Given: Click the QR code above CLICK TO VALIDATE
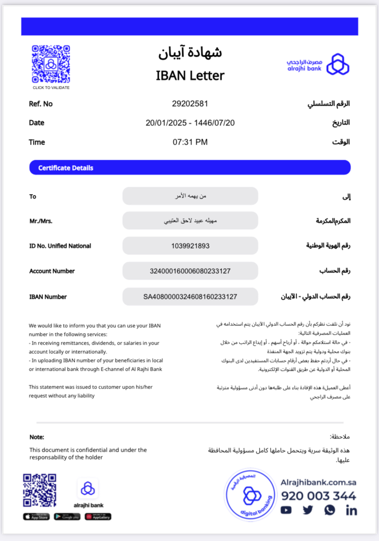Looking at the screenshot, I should tap(51, 64).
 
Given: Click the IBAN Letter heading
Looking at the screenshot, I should tap(190, 76).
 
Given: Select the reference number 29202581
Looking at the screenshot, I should tap(190, 104).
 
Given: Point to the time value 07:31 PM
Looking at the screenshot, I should tap(190, 142).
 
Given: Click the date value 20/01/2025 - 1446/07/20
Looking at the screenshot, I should tap(190, 123).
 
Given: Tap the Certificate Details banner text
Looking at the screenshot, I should tap(65, 168).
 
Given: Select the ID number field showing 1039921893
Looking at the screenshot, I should tap(190, 246).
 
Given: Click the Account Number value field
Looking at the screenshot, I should tap(190, 271).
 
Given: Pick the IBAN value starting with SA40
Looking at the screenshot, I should tap(190, 297).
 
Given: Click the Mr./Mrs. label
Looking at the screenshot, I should tap(41, 221).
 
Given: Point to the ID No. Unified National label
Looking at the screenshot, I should tap(60, 246).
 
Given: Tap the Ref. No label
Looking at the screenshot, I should tap(41, 104).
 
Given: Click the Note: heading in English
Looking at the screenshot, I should tap(37, 437).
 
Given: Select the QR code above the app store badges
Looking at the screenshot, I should tap(39, 490).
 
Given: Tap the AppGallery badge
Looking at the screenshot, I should tap(98, 517).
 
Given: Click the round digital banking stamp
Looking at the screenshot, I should tap(250, 495).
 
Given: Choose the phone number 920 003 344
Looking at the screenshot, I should tap(319, 496).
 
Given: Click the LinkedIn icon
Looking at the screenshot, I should tap(351, 510).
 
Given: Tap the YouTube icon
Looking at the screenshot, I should tap(286, 510).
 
